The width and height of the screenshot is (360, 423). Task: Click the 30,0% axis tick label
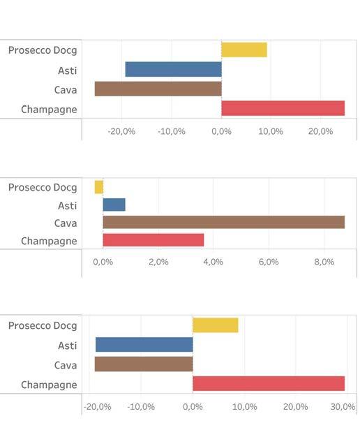(343, 407)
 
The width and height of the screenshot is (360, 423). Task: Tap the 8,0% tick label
(324, 262)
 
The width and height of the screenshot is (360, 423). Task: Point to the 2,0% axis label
(158, 262)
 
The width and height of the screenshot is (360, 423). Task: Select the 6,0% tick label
(269, 262)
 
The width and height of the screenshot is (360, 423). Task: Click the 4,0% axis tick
(213, 262)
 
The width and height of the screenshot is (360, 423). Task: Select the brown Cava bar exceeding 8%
(224, 222)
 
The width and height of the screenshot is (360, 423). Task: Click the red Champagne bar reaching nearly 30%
(269, 383)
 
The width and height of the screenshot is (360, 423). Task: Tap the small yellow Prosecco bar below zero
(98, 187)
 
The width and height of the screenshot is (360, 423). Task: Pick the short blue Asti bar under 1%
(114, 205)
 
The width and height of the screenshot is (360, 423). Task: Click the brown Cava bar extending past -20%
(158, 89)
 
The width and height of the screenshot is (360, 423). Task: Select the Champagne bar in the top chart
(283, 108)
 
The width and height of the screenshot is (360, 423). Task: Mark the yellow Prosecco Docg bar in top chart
(244, 50)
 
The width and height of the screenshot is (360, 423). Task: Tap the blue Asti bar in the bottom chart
(144, 345)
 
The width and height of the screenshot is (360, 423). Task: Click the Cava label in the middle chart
(66, 223)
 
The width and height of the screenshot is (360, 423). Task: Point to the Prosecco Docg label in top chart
(43, 51)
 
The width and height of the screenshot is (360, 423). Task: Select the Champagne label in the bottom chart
(49, 385)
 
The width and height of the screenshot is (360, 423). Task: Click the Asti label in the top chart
(68, 70)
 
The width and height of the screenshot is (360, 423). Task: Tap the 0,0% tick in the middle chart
(103, 262)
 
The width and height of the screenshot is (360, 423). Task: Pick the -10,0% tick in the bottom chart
(141, 407)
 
